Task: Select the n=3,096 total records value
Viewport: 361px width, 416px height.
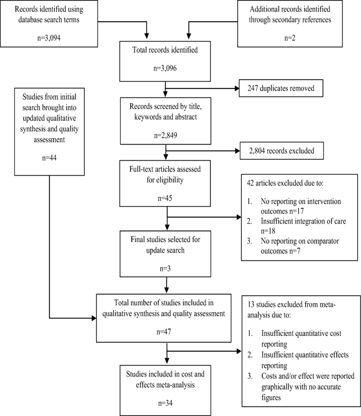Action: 166,69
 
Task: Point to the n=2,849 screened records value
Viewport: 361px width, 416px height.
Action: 166,134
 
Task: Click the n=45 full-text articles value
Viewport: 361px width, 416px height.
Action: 166,199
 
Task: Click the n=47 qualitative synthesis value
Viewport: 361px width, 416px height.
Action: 166,333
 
